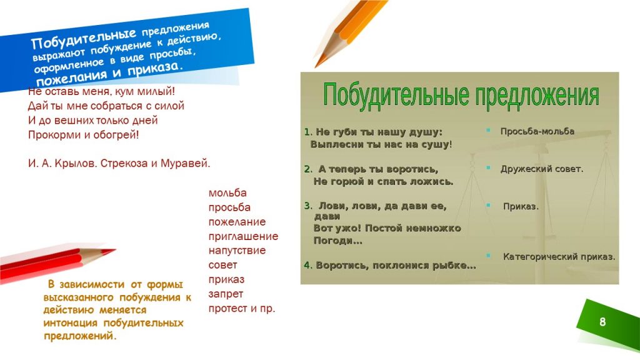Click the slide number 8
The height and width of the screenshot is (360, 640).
click(602, 322)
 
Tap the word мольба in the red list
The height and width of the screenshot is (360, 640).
click(227, 192)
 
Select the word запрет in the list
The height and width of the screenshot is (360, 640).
click(226, 294)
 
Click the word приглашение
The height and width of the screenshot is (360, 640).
click(243, 236)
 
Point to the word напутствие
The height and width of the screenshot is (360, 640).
click(237, 251)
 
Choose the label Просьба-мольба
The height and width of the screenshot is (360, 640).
click(537, 131)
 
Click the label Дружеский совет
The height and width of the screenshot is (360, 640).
click(542, 169)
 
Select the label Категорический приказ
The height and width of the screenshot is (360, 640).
click(559, 257)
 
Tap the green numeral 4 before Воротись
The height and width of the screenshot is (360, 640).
click(307, 266)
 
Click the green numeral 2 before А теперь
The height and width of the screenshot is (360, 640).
click(307, 169)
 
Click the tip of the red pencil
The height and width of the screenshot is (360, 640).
click(115, 249)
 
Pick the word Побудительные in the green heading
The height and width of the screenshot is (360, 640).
click(396, 96)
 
